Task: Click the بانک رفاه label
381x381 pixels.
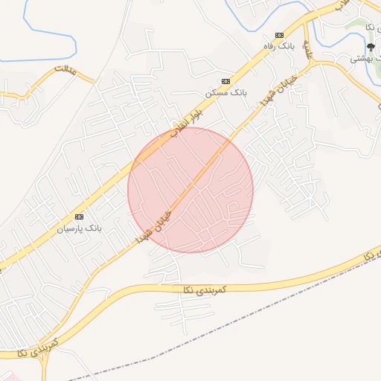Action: (x=282, y=46)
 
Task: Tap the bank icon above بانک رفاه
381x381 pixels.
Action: (x=279, y=35)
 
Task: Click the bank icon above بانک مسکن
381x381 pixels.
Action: (x=225, y=81)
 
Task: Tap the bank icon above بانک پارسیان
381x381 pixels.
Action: (x=80, y=216)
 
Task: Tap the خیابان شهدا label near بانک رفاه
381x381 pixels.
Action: (x=278, y=90)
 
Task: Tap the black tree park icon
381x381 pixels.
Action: (x=371, y=46)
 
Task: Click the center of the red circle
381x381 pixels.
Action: (x=190, y=190)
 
